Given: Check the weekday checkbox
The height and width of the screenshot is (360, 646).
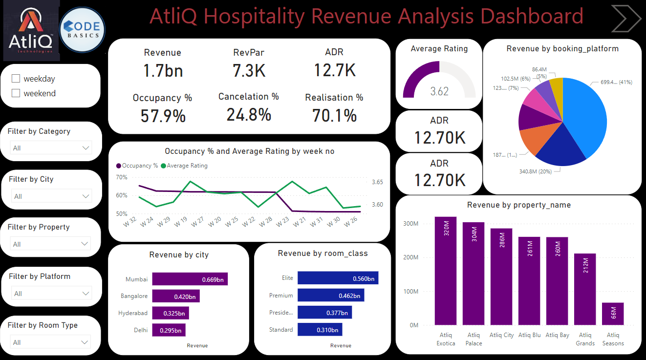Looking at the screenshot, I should [x=16, y=79].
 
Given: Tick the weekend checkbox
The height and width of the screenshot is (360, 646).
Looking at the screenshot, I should [x=16, y=93].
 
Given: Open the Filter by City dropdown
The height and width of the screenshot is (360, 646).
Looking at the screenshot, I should [x=51, y=196].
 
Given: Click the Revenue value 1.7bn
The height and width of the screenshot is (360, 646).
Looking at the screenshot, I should [x=163, y=71].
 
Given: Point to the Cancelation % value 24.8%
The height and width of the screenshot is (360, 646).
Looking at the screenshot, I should [x=248, y=115].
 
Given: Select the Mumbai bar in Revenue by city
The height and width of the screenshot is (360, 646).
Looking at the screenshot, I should [x=190, y=279].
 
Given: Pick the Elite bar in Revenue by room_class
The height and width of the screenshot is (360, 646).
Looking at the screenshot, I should [x=338, y=278].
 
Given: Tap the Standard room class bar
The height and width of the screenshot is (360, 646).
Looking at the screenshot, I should [x=320, y=330].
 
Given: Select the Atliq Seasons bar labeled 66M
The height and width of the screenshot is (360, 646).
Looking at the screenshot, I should [x=613, y=314].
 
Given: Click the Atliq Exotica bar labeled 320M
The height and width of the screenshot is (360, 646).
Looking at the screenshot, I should [x=445, y=271].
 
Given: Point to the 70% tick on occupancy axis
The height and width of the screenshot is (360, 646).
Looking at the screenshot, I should [x=121, y=177].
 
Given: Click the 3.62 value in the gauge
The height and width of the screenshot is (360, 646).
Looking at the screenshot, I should [x=439, y=91].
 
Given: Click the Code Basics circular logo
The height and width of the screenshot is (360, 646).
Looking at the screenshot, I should [x=82, y=30].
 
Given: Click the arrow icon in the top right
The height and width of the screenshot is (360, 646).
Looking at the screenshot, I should [x=626, y=18].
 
